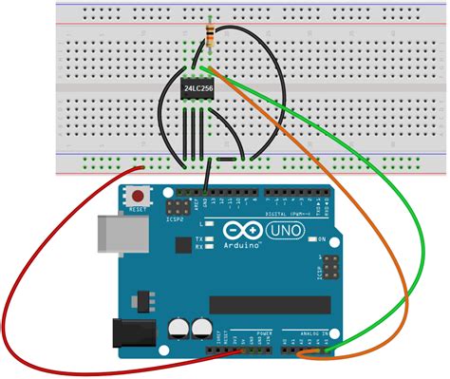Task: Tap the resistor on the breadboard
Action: tap(209, 35)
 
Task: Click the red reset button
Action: tap(140, 195)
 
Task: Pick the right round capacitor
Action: tap(201, 329)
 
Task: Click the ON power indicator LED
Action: tap(311, 238)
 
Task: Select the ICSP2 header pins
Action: tap(180, 205)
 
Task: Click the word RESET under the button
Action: tap(141, 208)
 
